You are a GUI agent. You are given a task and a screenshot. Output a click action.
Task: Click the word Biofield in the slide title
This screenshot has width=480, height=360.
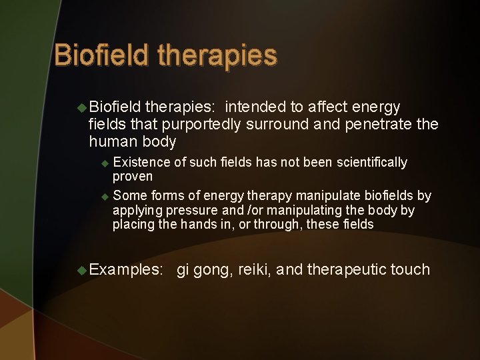pos(101,55)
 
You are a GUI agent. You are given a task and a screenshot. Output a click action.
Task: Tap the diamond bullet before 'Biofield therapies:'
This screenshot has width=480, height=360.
pos(82,107)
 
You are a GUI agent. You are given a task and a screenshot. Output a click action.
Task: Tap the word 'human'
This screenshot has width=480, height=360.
pos(112,141)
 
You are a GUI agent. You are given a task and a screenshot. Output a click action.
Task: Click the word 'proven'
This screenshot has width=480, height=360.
pos(133,177)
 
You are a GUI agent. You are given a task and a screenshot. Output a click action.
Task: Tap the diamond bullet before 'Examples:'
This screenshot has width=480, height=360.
pos(82,270)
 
